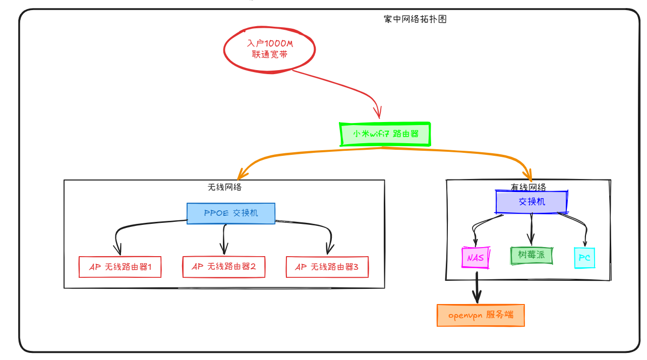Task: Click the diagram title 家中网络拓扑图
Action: [x=415, y=19]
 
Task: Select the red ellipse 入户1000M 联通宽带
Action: [x=270, y=49]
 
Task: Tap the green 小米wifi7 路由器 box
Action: [x=385, y=134]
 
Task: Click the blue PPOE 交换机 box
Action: [x=231, y=213]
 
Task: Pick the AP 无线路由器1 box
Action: [x=120, y=267]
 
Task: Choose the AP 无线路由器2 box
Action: [x=223, y=266]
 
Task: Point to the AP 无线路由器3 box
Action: [x=327, y=267]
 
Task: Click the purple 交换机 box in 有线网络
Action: [x=532, y=202]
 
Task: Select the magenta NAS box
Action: [x=475, y=258]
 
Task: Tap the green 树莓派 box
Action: [x=532, y=255]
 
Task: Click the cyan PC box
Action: [x=584, y=258]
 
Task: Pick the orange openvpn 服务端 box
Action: [x=481, y=315]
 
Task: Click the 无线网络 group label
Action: [x=224, y=187]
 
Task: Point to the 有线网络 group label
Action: [x=528, y=187]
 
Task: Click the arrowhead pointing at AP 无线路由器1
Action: [x=119, y=250]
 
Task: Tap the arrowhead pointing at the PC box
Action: [x=585, y=243]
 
